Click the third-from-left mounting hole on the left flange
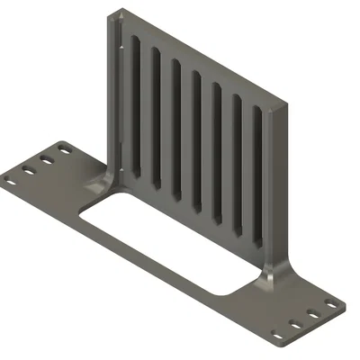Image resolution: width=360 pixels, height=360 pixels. click(46, 158)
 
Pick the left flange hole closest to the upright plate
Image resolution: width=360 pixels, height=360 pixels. click(63, 148)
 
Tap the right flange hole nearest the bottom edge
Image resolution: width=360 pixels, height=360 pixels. click(276, 332)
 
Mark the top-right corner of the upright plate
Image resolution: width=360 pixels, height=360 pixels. click(286, 107)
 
